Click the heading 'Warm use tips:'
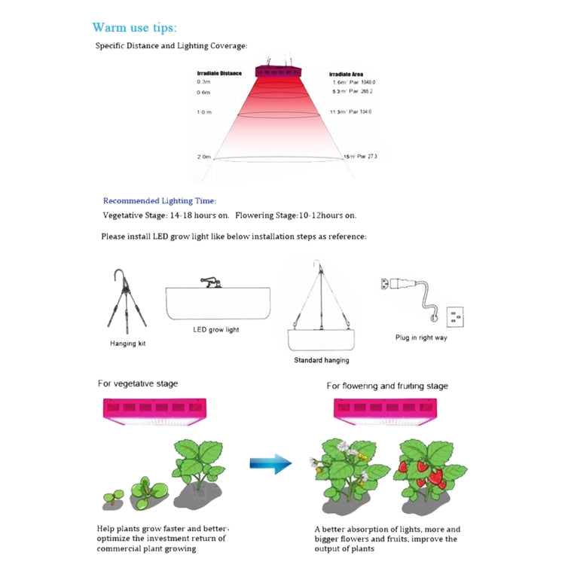click(134, 28)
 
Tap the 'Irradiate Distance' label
click(218, 73)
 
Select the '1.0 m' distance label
click(204, 111)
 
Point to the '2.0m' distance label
click(203, 157)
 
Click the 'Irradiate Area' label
click(347, 75)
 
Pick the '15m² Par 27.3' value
click(360, 157)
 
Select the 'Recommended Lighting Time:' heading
click(160, 201)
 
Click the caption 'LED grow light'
click(216, 330)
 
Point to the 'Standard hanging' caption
click(321, 360)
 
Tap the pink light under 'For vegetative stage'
click(154, 411)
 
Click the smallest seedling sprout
click(114, 496)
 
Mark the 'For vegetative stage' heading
click(138, 383)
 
